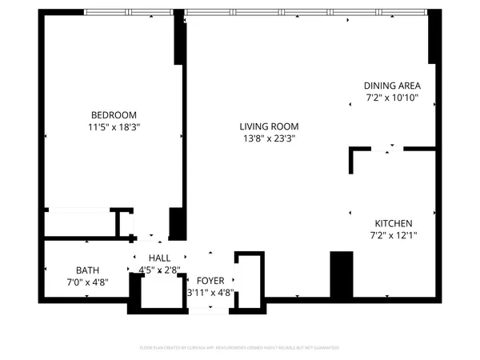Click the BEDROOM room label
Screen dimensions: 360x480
pos(113,114)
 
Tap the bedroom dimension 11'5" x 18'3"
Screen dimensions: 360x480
pos(113,126)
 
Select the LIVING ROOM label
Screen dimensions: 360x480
pos(269,126)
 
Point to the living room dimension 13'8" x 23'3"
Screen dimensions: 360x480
pos(269,138)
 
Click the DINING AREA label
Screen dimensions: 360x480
pos(392,86)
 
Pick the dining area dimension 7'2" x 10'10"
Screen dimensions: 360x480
pos(392,98)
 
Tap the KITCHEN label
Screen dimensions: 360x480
pos(394,223)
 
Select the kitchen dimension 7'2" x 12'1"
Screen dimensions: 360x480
pos(394,235)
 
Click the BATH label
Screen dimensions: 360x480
pos(87,270)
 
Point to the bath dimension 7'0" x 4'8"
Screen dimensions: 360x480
pos(87,282)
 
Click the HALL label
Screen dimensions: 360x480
pos(159,258)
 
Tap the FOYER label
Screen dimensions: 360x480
pos(210,281)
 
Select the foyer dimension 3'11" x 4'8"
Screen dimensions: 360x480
pos(210,293)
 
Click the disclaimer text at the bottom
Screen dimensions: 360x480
pos(240,348)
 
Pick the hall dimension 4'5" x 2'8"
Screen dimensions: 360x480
pos(159,270)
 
